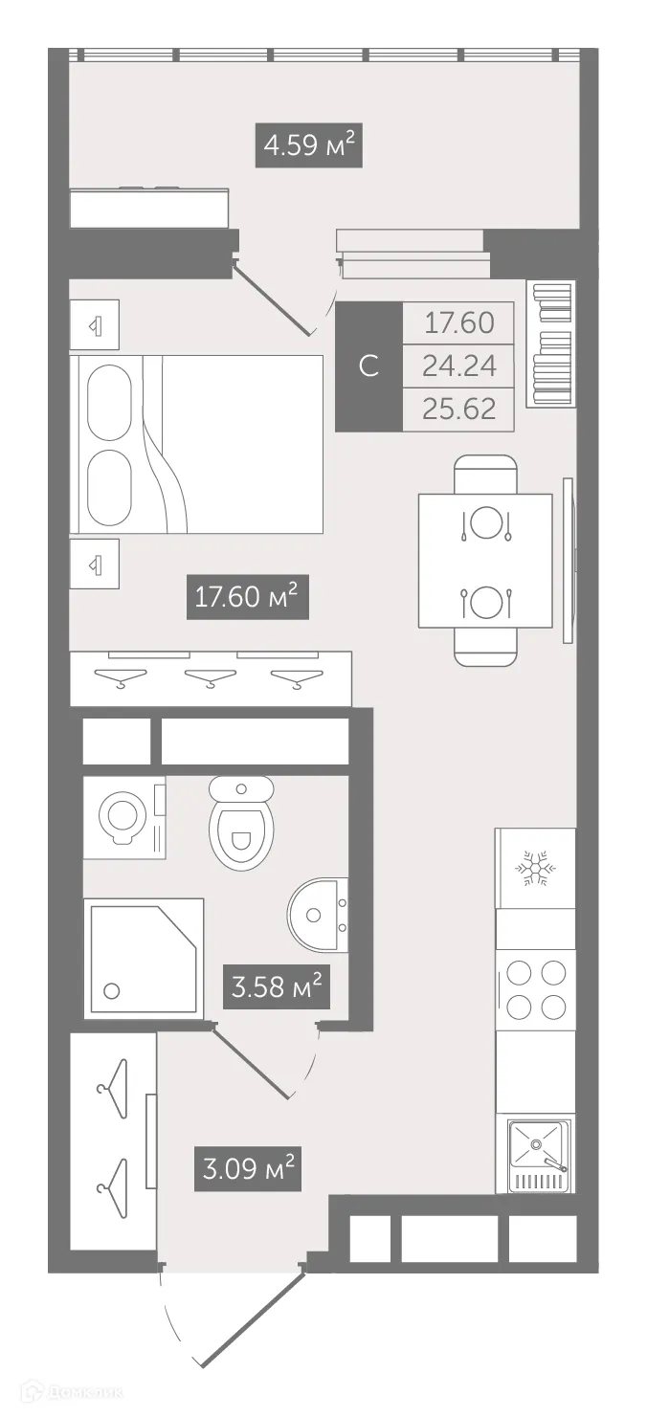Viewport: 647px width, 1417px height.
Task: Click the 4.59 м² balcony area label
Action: click(x=308, y=146)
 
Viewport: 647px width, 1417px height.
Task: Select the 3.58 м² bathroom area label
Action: click(x=277, y=985)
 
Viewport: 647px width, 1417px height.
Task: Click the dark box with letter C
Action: click(x=368, y=366)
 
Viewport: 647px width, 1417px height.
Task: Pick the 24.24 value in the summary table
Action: click(x=459, y=366)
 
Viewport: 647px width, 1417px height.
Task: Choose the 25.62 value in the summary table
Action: click(x=459, y=409)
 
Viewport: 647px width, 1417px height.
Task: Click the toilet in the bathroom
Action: click(x=241, y=823)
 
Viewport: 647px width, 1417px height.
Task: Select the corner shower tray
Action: click(x=144, y=958)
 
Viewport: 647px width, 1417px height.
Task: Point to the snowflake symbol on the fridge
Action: click(x=535, y=868)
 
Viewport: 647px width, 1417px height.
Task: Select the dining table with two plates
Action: click(x=485, y=561)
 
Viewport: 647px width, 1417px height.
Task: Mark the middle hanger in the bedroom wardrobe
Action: click(x=211, y=680)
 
